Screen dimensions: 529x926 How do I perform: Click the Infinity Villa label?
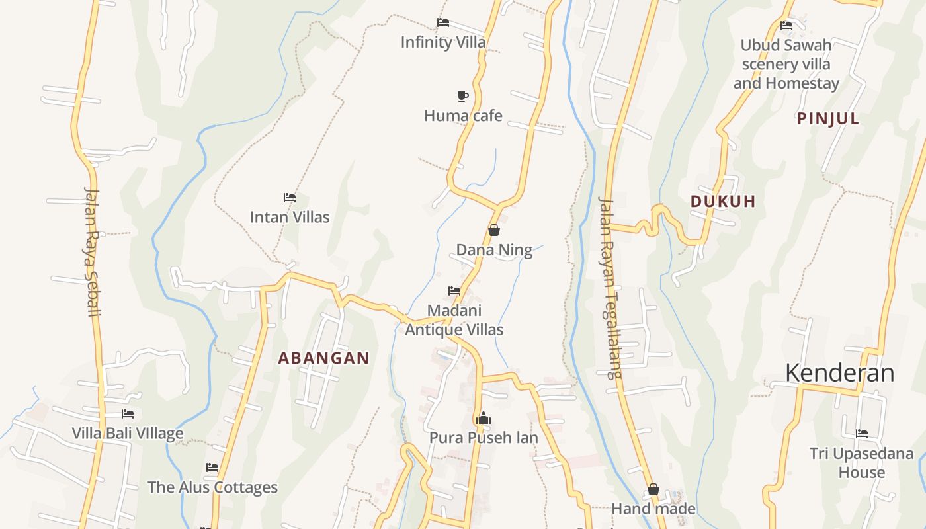pyautogui.click(x=442, y=42)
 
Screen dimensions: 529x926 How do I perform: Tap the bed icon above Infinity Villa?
pyautogui.click(x=443, y=22)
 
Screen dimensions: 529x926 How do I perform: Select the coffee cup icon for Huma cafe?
pyautogui.click(x=463, y=97)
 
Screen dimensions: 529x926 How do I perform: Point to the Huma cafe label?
pyautogui.click(x=463, y=116)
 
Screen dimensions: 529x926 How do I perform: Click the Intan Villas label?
pyautogui.click(x=289, y=217)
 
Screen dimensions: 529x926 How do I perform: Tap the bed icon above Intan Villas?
pyautogui.click(x=289, y=198)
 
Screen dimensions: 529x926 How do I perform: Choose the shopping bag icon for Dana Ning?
pyautogui.click(x=493, y=230)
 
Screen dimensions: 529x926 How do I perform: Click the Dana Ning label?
pyautogui.click(x=494, y=250)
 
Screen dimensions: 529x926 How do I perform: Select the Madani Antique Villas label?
pyautogui.click(x=454, y=320)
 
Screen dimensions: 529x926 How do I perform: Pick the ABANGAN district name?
pyautogui.click(x=323, y=358)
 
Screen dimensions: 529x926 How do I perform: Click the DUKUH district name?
pyautogui.click(x=723, y=202)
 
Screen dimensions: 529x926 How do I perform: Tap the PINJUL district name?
pyautogui.click(x=828, y=119)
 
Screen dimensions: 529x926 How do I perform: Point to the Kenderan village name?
pyautogui.click(x=839, y=373)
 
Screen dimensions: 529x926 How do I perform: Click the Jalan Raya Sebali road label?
pyautogui.click(x=92, y=251)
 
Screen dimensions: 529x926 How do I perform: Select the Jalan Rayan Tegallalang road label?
pyautogui.click(x=610, y=288)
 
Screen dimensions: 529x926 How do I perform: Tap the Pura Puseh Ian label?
pyautogui.click(x=484, y=438)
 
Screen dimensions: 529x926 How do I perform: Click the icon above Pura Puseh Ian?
pyautogui.click(x=484, y=419)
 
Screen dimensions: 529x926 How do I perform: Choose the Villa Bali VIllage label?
pyautogui.click(x=128, y=434)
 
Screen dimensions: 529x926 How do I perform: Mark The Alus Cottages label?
pyautogui.click(x=212, y=487)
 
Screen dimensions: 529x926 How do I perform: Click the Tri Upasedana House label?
pyautogui.click(x=861, y=463)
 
